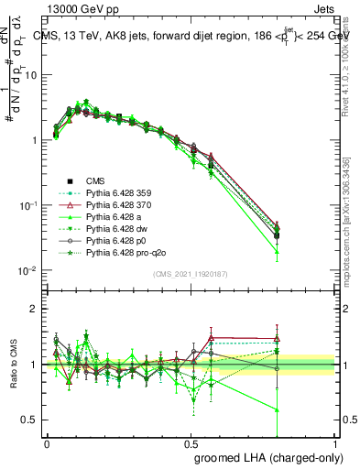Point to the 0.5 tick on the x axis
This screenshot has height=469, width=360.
click(191, 442)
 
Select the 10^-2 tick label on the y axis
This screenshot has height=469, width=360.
click(29, 271)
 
